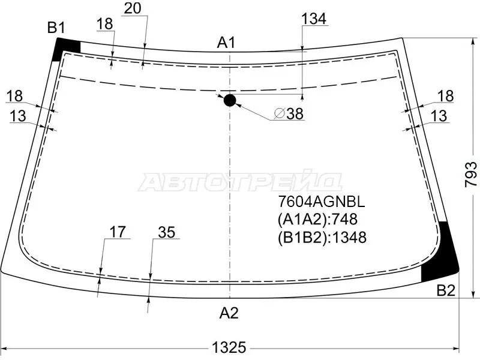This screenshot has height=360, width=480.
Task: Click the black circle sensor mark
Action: (230, 100)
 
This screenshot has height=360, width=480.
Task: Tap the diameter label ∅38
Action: (289, 113)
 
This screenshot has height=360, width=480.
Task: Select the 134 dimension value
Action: (314, 19)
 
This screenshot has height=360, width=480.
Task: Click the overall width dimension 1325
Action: (229, 347)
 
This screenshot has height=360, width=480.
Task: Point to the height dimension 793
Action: (471, 174)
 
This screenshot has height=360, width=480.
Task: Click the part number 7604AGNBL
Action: (322, 202)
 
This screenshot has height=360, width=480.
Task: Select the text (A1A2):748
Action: (318, 219)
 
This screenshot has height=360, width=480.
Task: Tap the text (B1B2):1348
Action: (322, 237)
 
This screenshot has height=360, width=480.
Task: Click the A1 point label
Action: (226, 43)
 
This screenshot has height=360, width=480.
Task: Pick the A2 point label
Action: (229, 313)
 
